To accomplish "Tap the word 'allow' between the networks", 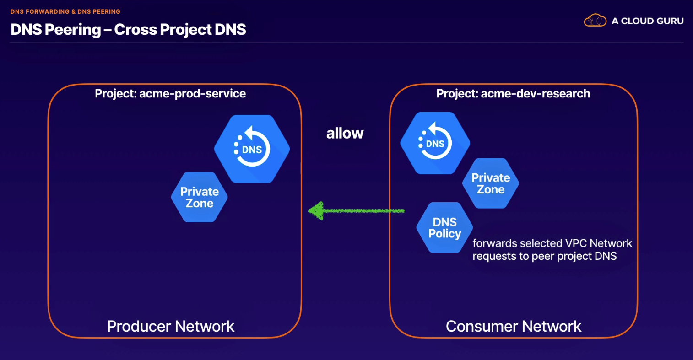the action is (x=345, y=133).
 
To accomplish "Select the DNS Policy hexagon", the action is (x=444, y=228).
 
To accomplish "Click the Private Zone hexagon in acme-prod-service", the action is (x=200, y=197).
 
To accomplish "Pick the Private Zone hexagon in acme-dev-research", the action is (x=491, y=183).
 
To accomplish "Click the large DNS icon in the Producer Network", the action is (x=252, y=149).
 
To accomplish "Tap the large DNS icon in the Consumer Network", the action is (x=435, y=143).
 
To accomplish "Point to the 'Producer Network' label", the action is (x=170, y=326).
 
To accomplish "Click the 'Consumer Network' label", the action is (x=514, y=326).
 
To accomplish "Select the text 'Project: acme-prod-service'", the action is (x=170, y=93).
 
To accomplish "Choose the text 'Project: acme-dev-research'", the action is (x=513, y=93).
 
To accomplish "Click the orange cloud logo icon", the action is (x=595, y=21).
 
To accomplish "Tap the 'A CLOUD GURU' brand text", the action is (x=648, y=21).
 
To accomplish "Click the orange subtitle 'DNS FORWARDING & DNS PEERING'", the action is (x=65, y=11).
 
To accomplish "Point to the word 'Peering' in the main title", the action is (x=73, y=30).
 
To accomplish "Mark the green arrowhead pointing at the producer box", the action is (x=316, y=210).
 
